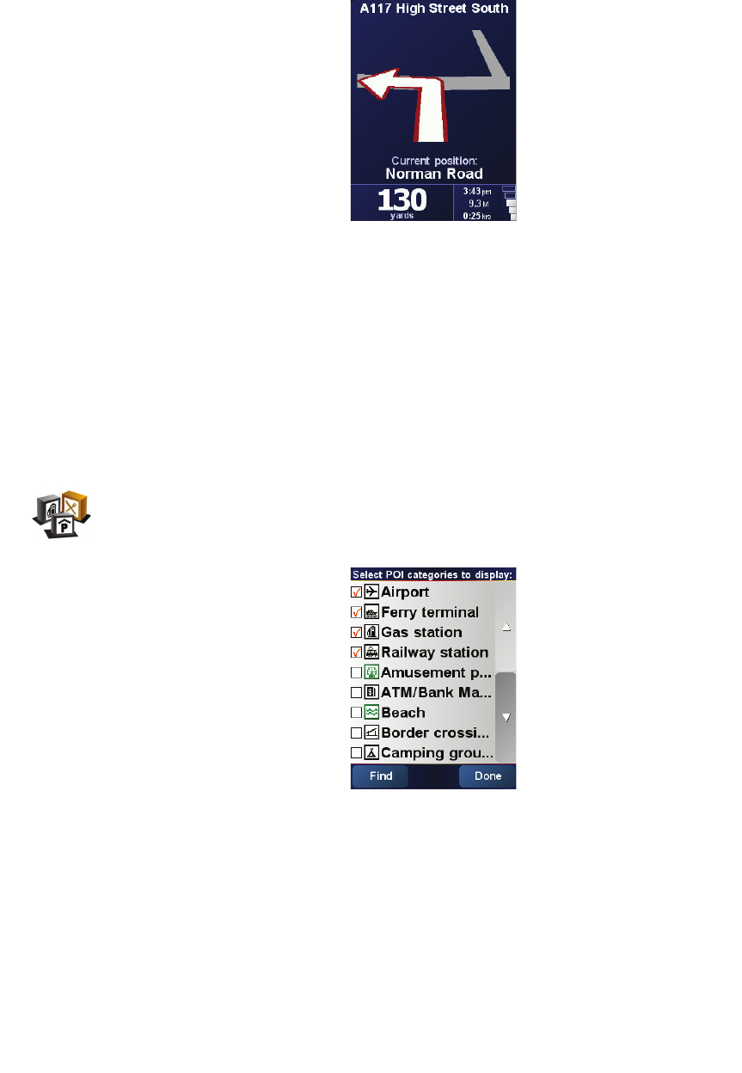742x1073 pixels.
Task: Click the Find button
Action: click(x=380, y=776)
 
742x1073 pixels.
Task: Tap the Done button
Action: click(x=488, y=776)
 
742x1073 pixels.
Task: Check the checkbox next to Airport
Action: click(x=356, y=592)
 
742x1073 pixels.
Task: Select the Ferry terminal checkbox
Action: click(x=356, y=612)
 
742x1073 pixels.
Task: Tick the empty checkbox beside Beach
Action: click(x=356, y=713)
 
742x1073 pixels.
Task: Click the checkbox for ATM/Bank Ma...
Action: click(x=356, y=692)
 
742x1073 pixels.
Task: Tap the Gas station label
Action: click(x=421, y=633)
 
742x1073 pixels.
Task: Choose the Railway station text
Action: click(x=434, y=653)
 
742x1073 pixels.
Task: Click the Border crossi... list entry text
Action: click(x=435, y=733)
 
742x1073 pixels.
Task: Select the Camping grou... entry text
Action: click(x=437, y=753)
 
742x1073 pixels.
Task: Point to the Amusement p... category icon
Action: click(x=371, y=672)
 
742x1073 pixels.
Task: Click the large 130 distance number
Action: click(x=402, y=201)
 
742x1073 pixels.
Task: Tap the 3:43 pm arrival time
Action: click(x=477, y=191)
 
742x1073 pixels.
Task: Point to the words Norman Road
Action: click(x=433, y=174)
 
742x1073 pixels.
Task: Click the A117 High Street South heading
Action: click(x=433, y=9)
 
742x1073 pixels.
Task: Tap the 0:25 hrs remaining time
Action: click(x=477, y=216)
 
